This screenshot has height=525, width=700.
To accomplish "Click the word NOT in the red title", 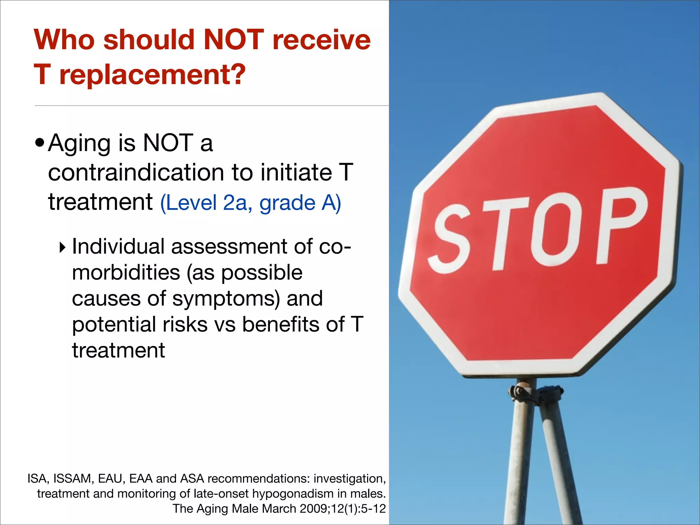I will click(x=233, y=40).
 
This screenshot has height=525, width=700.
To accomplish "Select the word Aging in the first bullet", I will click(x=80, y=144).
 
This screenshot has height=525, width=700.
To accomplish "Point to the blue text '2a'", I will click(x=235, y=203).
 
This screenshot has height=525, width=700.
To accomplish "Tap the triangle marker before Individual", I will click(x=62, y=247).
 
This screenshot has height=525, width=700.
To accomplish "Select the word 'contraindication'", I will click(x=136, y=172).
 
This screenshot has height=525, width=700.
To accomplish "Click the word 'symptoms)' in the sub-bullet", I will click(x=226, y=298).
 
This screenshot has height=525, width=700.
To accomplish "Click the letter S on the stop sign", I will click(x=451, y=239).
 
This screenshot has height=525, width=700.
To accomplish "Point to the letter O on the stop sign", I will click(x=554, y=229).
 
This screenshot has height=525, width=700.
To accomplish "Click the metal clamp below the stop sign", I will click(x=535, y=393).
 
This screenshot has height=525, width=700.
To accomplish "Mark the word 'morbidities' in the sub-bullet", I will click(x=126, y=273).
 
